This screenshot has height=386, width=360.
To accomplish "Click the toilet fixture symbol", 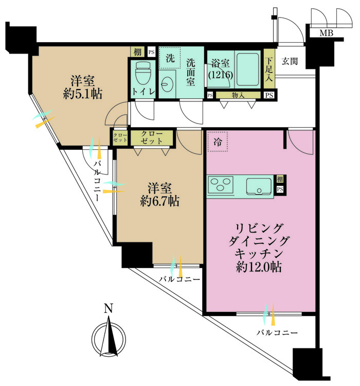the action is (x=143, y=74).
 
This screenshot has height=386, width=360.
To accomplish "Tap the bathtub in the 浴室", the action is (x=247, y=69).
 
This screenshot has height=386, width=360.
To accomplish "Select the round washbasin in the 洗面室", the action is (x=167, y=84).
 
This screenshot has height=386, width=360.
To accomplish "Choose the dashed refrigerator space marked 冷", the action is (x=218, y=142).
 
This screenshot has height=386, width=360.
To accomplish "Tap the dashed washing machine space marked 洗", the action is (x=170, y=58).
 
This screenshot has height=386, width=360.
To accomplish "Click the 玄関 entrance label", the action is (x=290, y=61).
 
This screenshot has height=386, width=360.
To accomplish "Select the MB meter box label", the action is (x=326, y=33).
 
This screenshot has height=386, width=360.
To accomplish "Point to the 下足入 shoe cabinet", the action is (x=269, y=68).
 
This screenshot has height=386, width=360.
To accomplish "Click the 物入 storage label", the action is (x=238, y=95).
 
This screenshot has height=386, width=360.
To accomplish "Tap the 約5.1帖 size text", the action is (x=82, y=94).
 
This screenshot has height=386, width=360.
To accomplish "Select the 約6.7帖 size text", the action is (x=160, y=201).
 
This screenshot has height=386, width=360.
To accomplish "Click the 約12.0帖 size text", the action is (x=259, y=267).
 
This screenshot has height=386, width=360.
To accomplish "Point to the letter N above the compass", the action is (x=109, y=308).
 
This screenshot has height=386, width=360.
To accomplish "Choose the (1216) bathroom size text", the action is (x=221, y=75).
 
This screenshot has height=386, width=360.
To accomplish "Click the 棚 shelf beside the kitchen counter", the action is (x=280, y=179).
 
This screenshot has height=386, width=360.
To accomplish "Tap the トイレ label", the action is (x=143, y=92).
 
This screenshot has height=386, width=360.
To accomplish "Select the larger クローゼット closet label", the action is (x=152, y=137).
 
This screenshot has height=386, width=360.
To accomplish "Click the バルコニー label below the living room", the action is (x=277, y=333).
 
